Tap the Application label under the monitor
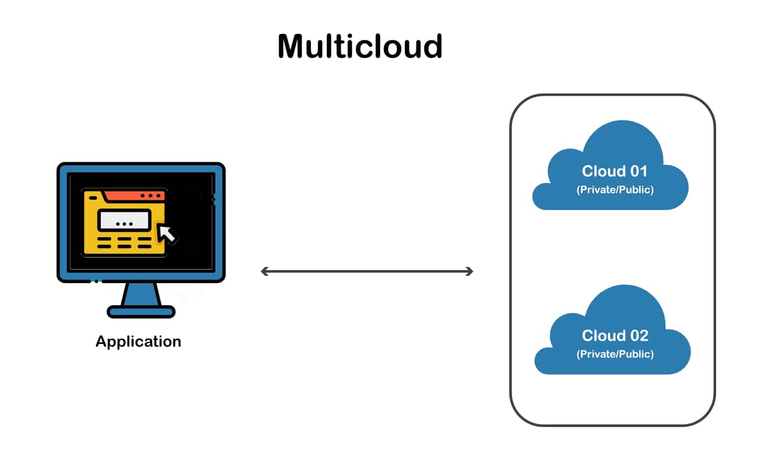click(x=138, y=342)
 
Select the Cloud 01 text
click(x=614, y=171)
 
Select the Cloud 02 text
click(x=615, y=335)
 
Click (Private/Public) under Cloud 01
click(x=615, y=190)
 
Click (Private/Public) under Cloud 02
click(x=615, y=355)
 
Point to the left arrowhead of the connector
click(x=264, y=271)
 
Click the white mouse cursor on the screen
click(x=167, y=234)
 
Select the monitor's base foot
click(x=141, y=312)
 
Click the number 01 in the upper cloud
click(x=638, y=171)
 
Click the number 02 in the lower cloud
click(x=639, y=335)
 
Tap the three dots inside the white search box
click(x=124, y=224)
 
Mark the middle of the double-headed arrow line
click(x=367, y=271)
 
